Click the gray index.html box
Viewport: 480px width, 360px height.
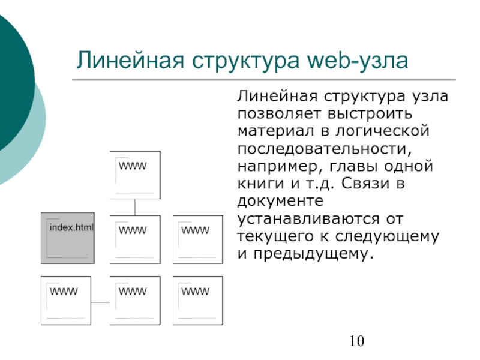click(67, 238)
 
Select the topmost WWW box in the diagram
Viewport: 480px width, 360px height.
click(135, 175)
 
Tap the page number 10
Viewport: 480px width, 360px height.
click(356, 343)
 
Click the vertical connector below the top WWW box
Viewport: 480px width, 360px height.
click(135, 207)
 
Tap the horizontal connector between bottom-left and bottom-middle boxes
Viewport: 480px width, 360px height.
click(101, 301)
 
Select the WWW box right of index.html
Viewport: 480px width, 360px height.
click(135, 239)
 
